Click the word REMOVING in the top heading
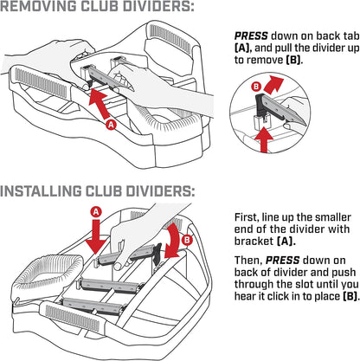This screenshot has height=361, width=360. click(x=39, y=6)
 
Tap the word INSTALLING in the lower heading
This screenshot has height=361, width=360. click(x=41, y=191)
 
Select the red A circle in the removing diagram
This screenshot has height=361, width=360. click(x=112, y=125)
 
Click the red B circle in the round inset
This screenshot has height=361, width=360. click(x=256, y=87)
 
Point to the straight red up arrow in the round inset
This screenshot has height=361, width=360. click(x=262, y=139)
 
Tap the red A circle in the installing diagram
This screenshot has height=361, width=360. click(x=96, y=212)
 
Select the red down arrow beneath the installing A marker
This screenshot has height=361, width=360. click(x=97, y=236)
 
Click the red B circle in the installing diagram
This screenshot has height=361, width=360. click(x=188, y=240)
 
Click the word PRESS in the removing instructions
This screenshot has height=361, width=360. click(x=251, y=36)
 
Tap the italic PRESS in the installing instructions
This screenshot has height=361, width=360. click(x=282, y=261)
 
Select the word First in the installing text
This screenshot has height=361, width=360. click(x=246, y=217)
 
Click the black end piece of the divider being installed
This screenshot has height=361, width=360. click(x=157, y=253)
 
